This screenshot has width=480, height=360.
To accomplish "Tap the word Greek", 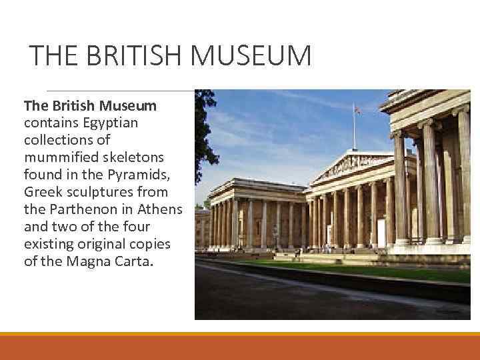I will point(40,191).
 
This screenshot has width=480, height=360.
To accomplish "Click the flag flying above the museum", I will point(357,111).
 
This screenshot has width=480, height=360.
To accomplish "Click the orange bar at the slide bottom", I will point(240,347).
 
